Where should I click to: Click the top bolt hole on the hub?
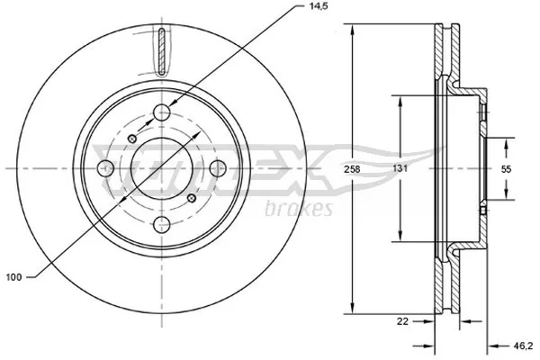click(x=162, y=112)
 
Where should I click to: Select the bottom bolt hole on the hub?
click(x=162, y=225)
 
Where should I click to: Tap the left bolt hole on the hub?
click(x=105, y=168)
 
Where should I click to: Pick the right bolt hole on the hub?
click(x=219, y=168)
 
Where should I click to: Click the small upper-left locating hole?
click(x=132, y=139)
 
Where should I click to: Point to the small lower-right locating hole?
click(x=192, y=199)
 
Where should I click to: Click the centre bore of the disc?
click(x=162, y=168)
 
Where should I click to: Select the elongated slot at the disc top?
click(x=161, y=51)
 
